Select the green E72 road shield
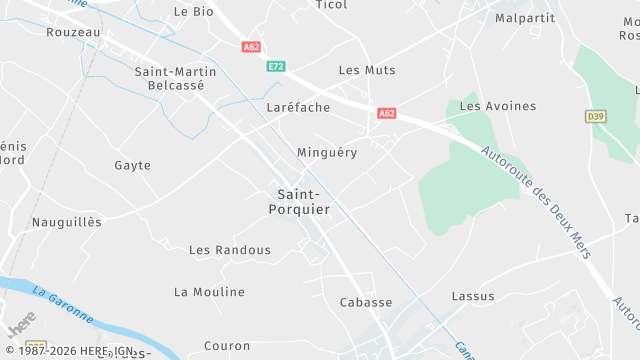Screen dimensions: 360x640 click(x=276, y=66)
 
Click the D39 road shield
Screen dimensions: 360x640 click(x=596, y=117)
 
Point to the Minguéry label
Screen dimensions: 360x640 click(x=327, y=152)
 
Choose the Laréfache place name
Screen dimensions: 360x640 click(x=298, y=107)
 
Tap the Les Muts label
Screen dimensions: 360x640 click(x=367, y=70)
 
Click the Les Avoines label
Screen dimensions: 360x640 click(x=498, y=106)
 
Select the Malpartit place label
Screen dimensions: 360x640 click(x=524, y=18)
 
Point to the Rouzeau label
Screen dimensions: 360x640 click(x=73, y=32)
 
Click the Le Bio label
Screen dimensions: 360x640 click(x=194, y=11)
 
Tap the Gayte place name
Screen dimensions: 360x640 click(x=133, y=165)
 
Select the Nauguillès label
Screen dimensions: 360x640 click(x=67, y=222)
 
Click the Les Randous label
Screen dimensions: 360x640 click(x=230, y=250)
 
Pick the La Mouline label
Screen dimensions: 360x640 click(x=209, y=292)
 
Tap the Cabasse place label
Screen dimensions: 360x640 click(x=366, y=302)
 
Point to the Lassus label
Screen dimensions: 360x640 click(x=473, y=296)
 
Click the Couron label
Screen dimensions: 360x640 click(x=227, y=346)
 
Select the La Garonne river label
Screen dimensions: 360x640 click(x=62, y=305)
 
